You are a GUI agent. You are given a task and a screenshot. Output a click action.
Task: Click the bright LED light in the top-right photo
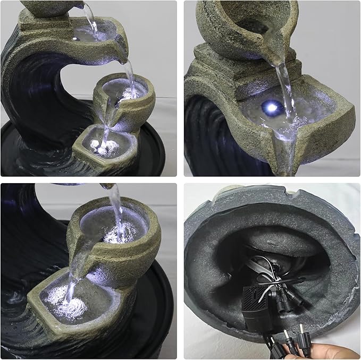click(272, 108)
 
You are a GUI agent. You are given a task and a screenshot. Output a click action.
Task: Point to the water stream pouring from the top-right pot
click(284, 88)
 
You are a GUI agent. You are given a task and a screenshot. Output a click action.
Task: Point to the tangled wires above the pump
click(266, 271)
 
